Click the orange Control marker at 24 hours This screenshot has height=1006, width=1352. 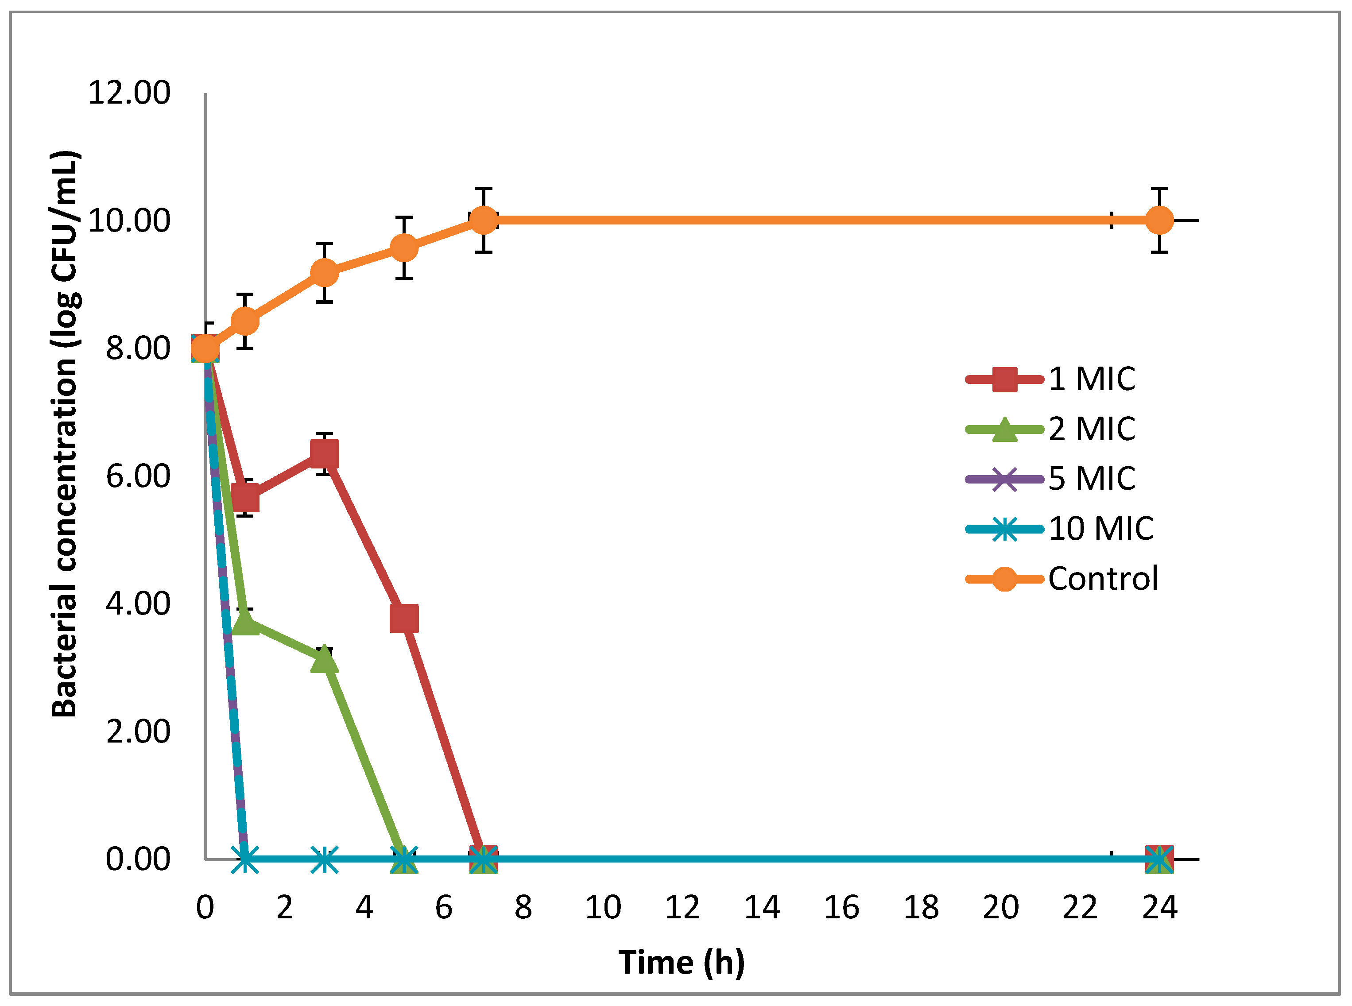(x=1159, y=220)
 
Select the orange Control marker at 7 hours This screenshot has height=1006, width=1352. (x=484, y=220)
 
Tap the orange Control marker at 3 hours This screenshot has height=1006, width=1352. (x=324, y=272)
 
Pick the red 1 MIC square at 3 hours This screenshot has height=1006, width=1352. (x=324, y=454)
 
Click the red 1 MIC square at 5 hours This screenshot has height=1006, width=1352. (x=404, y=619)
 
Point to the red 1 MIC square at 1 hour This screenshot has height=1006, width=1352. (x=245, y=498)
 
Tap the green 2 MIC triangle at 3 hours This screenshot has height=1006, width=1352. (x=324, y=660)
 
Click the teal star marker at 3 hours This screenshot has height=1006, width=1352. (x=324, y=859)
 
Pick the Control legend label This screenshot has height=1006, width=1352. (x=1102, y=579)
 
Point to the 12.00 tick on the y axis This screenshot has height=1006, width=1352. (x=129, y=93)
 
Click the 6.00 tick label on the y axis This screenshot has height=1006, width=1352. (x=138, y=476)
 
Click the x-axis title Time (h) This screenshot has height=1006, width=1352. (x=681, y=962)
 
